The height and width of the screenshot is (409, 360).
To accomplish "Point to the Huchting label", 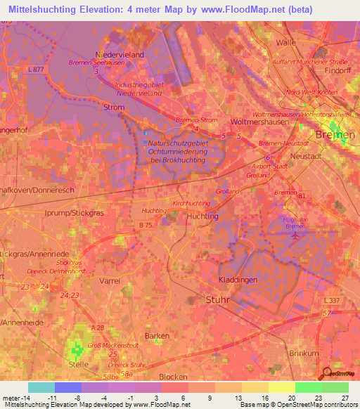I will [202, 217].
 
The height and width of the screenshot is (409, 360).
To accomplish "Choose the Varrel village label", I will [110, 280].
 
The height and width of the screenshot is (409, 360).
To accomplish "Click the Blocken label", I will [174, 377].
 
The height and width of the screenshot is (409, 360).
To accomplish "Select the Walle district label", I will [286, 42].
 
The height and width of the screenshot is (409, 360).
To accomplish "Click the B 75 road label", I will [145, 225].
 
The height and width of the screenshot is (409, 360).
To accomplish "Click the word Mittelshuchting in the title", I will [45, 10].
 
